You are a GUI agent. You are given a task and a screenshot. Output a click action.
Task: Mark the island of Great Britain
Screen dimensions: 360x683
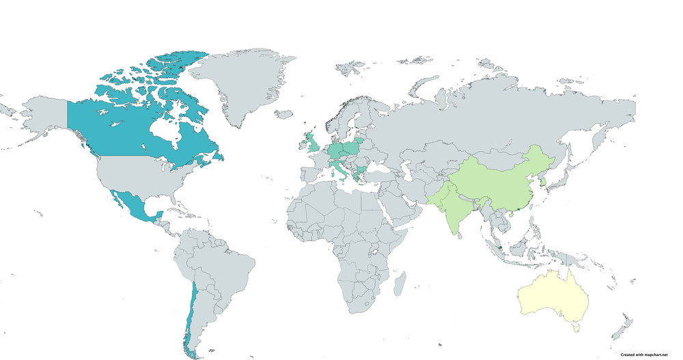312,144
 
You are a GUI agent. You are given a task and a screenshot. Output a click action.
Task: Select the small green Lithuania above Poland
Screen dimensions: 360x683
359,139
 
